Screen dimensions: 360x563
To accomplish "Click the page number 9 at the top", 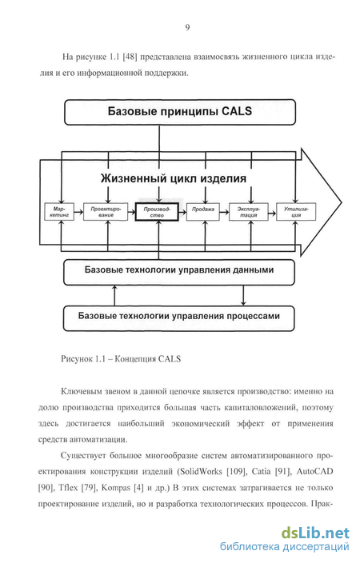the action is [187, 28].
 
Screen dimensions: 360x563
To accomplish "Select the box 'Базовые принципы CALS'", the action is [180, 112].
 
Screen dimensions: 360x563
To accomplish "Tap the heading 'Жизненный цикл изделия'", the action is [173, 178].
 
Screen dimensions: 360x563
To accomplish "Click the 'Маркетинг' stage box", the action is [59, 212].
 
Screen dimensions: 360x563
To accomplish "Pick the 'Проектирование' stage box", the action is [106, 212].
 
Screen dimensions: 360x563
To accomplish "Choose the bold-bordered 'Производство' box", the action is [157, 212].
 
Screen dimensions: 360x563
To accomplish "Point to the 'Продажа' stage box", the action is [203, 212].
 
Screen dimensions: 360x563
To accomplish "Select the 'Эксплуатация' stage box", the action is [248, 212].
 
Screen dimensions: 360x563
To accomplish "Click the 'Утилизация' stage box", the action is [296, 212].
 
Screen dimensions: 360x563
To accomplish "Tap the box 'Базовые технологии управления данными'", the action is [179, 272].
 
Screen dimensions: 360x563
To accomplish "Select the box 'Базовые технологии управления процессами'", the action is [178, 318].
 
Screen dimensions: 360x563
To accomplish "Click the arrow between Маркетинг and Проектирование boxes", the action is [78, 212].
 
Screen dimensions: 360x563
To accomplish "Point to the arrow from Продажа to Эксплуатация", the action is [224, 212].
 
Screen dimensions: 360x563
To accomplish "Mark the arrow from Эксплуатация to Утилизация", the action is [272, 212].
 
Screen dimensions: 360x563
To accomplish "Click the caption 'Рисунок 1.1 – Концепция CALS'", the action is [121, 359].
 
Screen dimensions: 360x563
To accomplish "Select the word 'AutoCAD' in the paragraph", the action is [314, 471].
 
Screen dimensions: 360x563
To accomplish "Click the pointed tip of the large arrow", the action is [342, 202].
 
